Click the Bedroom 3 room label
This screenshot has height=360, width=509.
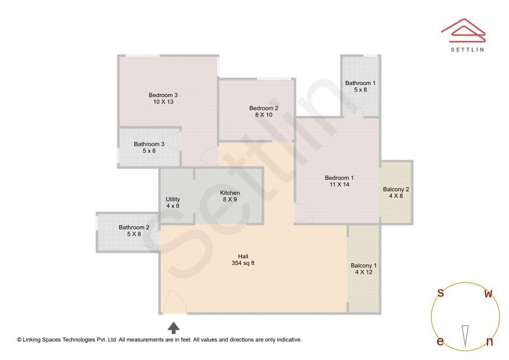pos(163,95)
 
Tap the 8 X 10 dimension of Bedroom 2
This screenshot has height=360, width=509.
pos(263,115)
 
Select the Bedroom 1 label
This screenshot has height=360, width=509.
pos(339,178)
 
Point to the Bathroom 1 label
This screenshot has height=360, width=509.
pos(361,83)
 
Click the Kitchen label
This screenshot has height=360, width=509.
pos(230,193)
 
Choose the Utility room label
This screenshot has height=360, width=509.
pos(172,199)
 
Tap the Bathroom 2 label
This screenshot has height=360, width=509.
pos(134,227)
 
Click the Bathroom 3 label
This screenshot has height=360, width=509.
pos(149,144)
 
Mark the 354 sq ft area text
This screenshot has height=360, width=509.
pos(243,263)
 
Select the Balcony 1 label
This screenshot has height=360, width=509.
pos(363,266)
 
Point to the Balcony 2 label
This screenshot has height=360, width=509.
pos(396,189)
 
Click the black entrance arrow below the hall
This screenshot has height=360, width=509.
pos(173,328)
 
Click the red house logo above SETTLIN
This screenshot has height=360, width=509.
pos(463,31)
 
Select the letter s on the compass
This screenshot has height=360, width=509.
pos(441,293)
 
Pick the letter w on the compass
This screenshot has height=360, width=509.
pos(488,294)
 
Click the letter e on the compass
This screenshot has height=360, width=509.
pos(440,341)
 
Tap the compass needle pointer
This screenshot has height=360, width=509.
pos(465,336)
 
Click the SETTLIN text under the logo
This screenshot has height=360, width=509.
pos(468,49)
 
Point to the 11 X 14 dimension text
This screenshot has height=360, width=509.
pos(339,185)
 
